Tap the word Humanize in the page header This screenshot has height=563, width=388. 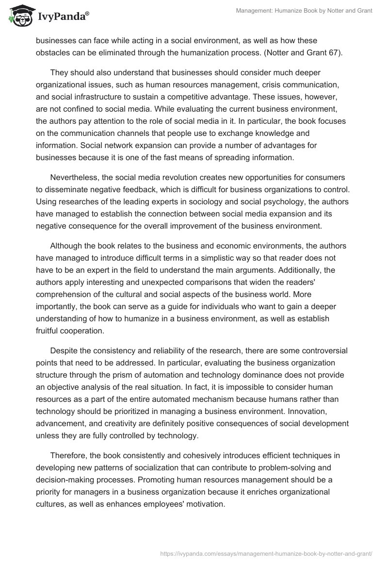click(301, 11)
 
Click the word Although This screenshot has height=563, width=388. click(66, 246)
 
